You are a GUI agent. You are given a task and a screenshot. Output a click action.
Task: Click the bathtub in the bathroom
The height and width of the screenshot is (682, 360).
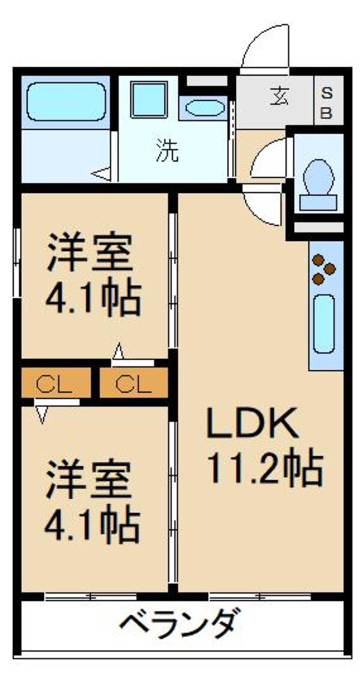[x=66, y=96]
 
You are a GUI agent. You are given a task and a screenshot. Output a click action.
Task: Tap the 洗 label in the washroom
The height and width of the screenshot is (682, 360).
[x=167, y=151]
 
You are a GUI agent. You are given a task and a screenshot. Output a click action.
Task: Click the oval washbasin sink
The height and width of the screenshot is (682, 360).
[x=205, y=108]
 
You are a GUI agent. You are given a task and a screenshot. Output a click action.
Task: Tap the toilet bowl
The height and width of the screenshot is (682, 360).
[x=318, y=178]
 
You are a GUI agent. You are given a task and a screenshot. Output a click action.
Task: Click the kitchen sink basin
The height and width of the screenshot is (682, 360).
[x=324, y=324]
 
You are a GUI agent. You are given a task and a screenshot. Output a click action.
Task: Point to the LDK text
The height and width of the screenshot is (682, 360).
[x=252, y=425]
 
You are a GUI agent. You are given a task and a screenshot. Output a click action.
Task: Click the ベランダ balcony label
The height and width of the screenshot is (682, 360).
[x=180, y=625]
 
